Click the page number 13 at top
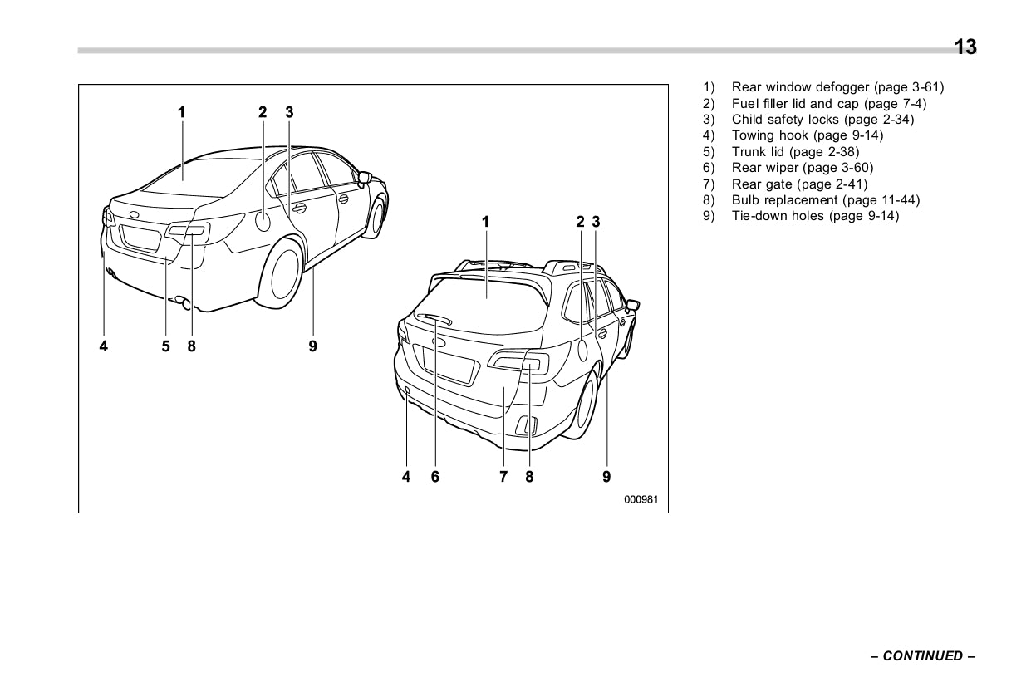(x=965, y=47)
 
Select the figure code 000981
(x=641, y=499)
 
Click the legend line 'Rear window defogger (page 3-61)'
(x=837, y=87)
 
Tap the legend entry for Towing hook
(x=806, y=135)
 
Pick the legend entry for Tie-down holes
(x=814, y=216)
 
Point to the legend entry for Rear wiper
(x=802, y=168)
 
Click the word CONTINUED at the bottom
(x=922, y=656)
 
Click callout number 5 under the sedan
(x=166, y=346)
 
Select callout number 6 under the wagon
(x=434, y=476)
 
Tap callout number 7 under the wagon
(x=503, y=476)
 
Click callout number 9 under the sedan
(x=312, y=346)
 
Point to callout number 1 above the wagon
(x=486, y=222)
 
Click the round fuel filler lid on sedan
(x=263, y=221)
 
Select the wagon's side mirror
(x=631, y=305)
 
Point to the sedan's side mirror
(x=364, y=177)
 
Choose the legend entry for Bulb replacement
(x=825, y=200)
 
